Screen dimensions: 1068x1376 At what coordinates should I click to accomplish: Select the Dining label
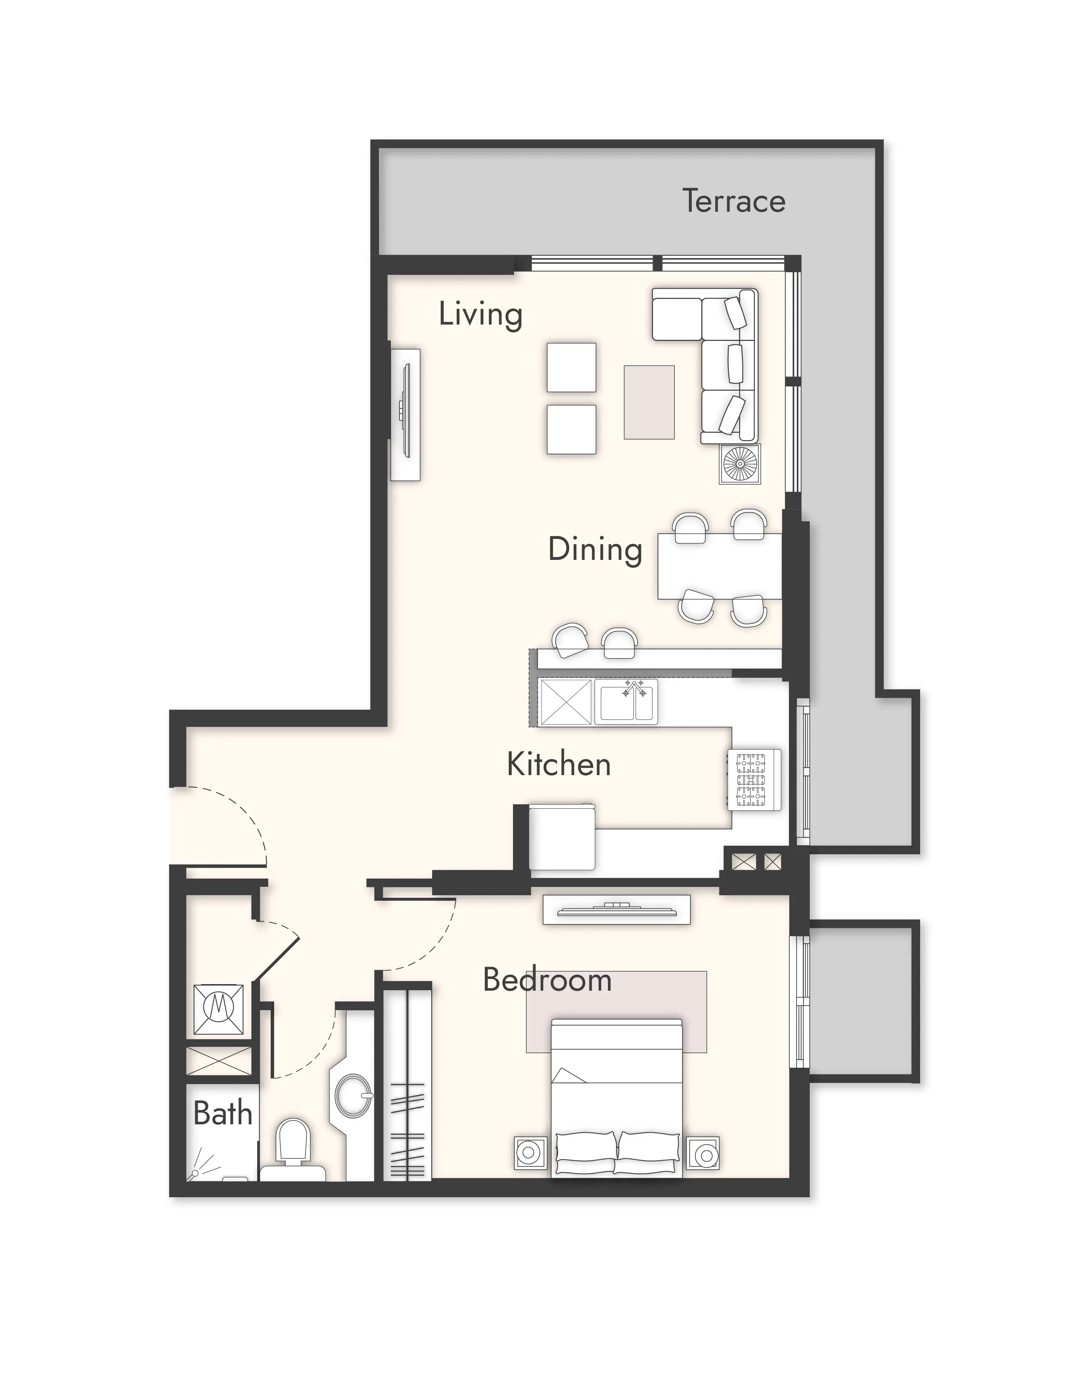point(595,549)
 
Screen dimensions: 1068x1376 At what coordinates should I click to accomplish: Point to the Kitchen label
point(559,764)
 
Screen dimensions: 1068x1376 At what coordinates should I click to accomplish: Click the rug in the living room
point(649,402)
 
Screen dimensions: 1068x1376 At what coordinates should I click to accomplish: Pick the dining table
point(720,566)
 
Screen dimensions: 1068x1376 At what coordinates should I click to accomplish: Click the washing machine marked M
point(218,1010)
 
